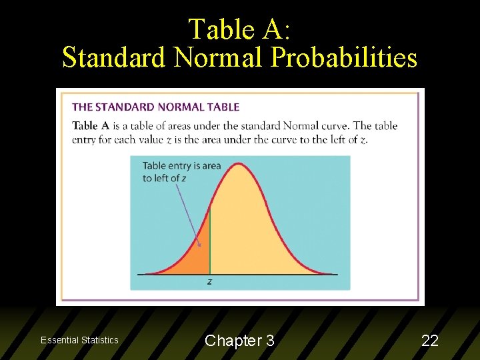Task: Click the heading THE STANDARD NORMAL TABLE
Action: tap(155, 107)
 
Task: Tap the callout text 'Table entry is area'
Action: tap(181, 166)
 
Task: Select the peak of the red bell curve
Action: tap(239, 163)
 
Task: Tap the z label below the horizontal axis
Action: tap(210, 282)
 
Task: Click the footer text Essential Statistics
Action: tap(79, 340)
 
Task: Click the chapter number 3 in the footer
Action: tap(269, 341)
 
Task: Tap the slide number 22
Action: tap(430, 341)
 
